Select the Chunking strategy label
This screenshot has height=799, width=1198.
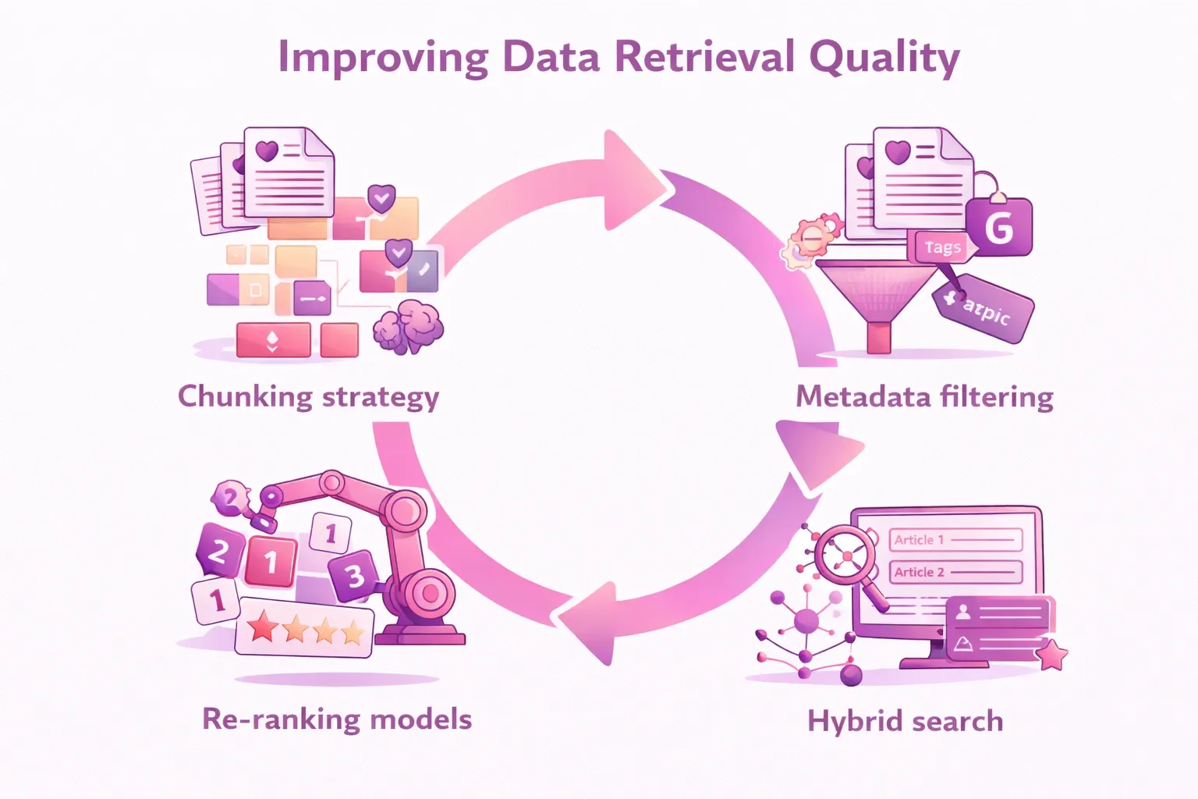308,396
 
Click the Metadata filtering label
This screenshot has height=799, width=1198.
924,396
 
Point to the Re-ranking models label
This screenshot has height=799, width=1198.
337,719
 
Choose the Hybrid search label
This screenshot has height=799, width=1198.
905,721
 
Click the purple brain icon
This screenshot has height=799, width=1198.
407,325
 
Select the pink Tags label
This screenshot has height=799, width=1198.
942,247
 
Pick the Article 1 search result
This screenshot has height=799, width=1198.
955,540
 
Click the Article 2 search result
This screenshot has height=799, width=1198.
955,572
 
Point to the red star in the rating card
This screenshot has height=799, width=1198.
263,626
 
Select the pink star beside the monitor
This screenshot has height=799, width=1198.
1052,655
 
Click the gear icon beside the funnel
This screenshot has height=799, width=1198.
809,240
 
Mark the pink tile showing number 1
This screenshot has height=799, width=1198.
271,561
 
